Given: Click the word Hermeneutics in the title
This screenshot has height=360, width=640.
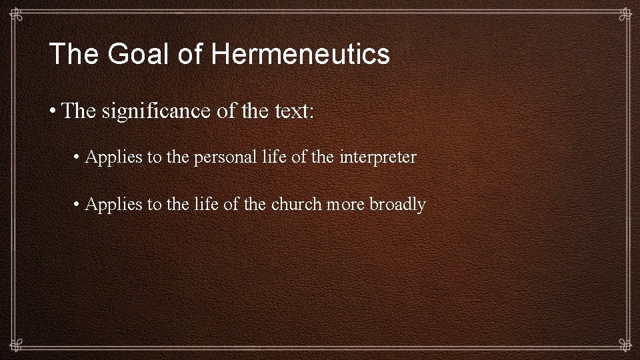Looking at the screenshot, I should [301, 54].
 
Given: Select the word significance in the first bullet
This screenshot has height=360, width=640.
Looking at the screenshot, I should [157, 111].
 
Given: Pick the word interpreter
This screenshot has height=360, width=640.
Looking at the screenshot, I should [377, 157].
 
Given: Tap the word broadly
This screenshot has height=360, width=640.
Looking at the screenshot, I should [397, 204].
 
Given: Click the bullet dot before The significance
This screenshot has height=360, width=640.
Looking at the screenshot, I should [53, 111].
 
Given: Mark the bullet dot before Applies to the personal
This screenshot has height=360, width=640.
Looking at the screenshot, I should [78, 158].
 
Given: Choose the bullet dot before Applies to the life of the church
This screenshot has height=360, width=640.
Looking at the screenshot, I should [78, 205].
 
